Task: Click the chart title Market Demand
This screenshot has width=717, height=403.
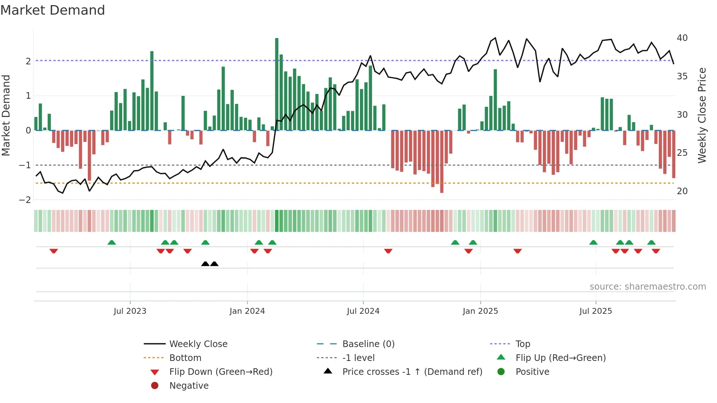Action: coord(53,10)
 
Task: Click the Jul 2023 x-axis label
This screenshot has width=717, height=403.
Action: coord(130,311)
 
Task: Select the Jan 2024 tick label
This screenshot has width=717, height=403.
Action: coord(247,311)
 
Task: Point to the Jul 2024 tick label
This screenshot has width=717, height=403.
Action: coord(363,311)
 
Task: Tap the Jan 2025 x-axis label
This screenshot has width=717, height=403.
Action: coord(480,311)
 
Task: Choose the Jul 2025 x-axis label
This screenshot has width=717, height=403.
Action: coord(596,311)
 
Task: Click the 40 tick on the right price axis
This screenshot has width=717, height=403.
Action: coord(682,38)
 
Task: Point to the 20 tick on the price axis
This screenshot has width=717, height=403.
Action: coord(682,191)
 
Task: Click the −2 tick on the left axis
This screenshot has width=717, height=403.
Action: coord(25,200)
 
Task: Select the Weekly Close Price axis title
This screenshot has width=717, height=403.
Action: coord(702,115)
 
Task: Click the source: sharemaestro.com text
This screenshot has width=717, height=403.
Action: coord(647,287)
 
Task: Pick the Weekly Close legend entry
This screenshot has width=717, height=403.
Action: coord(198,344)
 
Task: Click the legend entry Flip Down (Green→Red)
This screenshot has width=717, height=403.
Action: coord(221,372)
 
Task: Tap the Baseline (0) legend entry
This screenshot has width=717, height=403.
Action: coord(368,344)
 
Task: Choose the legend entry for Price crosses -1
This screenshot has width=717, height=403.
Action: coord(412,372)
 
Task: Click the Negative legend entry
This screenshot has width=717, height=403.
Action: coord(189,386)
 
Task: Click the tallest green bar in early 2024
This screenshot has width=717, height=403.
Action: coord(277,84)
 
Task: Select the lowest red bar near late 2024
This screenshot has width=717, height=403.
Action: coord(442,161)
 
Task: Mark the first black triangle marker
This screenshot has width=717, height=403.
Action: coord(205,264)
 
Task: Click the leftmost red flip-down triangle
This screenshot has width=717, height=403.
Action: coord(54,251)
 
